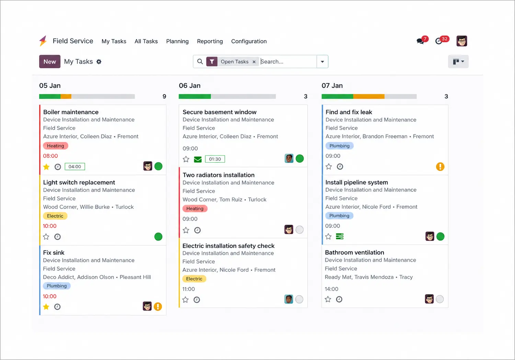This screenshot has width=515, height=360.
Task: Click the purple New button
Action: (x=50, y=61)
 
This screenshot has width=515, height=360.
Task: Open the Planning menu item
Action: (x=177, y=41)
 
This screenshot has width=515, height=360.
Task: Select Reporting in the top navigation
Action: (x=210, y=41)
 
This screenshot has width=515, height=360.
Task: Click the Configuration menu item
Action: (x=249, y=41)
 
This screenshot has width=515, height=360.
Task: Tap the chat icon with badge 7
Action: (x=421, y=41)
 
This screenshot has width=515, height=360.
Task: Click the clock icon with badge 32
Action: (x=439, y=41)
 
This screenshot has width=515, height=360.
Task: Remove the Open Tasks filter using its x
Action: (x=254, y=62)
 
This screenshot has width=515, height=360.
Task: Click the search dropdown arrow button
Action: (x=322, y=61)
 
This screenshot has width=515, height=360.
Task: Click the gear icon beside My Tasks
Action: (x=99, y=61)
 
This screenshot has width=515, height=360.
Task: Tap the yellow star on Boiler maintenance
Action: (x=46, y=166)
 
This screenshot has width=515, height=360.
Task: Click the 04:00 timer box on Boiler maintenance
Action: (x=75, y=166)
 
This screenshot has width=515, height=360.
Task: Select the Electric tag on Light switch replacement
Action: (x=55, y=216)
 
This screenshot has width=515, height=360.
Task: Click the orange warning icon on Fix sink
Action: (x=158, y=306)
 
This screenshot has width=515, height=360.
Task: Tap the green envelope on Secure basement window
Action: (x=198, y=159)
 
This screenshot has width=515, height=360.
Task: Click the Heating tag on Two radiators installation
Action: (x=195, y=209)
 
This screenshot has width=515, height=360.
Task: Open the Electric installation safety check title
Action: (x=228, y=246)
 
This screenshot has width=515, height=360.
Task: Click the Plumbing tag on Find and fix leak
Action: (x=339, y=146)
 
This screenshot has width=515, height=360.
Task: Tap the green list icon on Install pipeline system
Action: (x=340, y=236)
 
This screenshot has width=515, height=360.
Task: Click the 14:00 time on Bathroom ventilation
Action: (x=331, y=289)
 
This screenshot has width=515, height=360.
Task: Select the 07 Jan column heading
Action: (x=332, y=86)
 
